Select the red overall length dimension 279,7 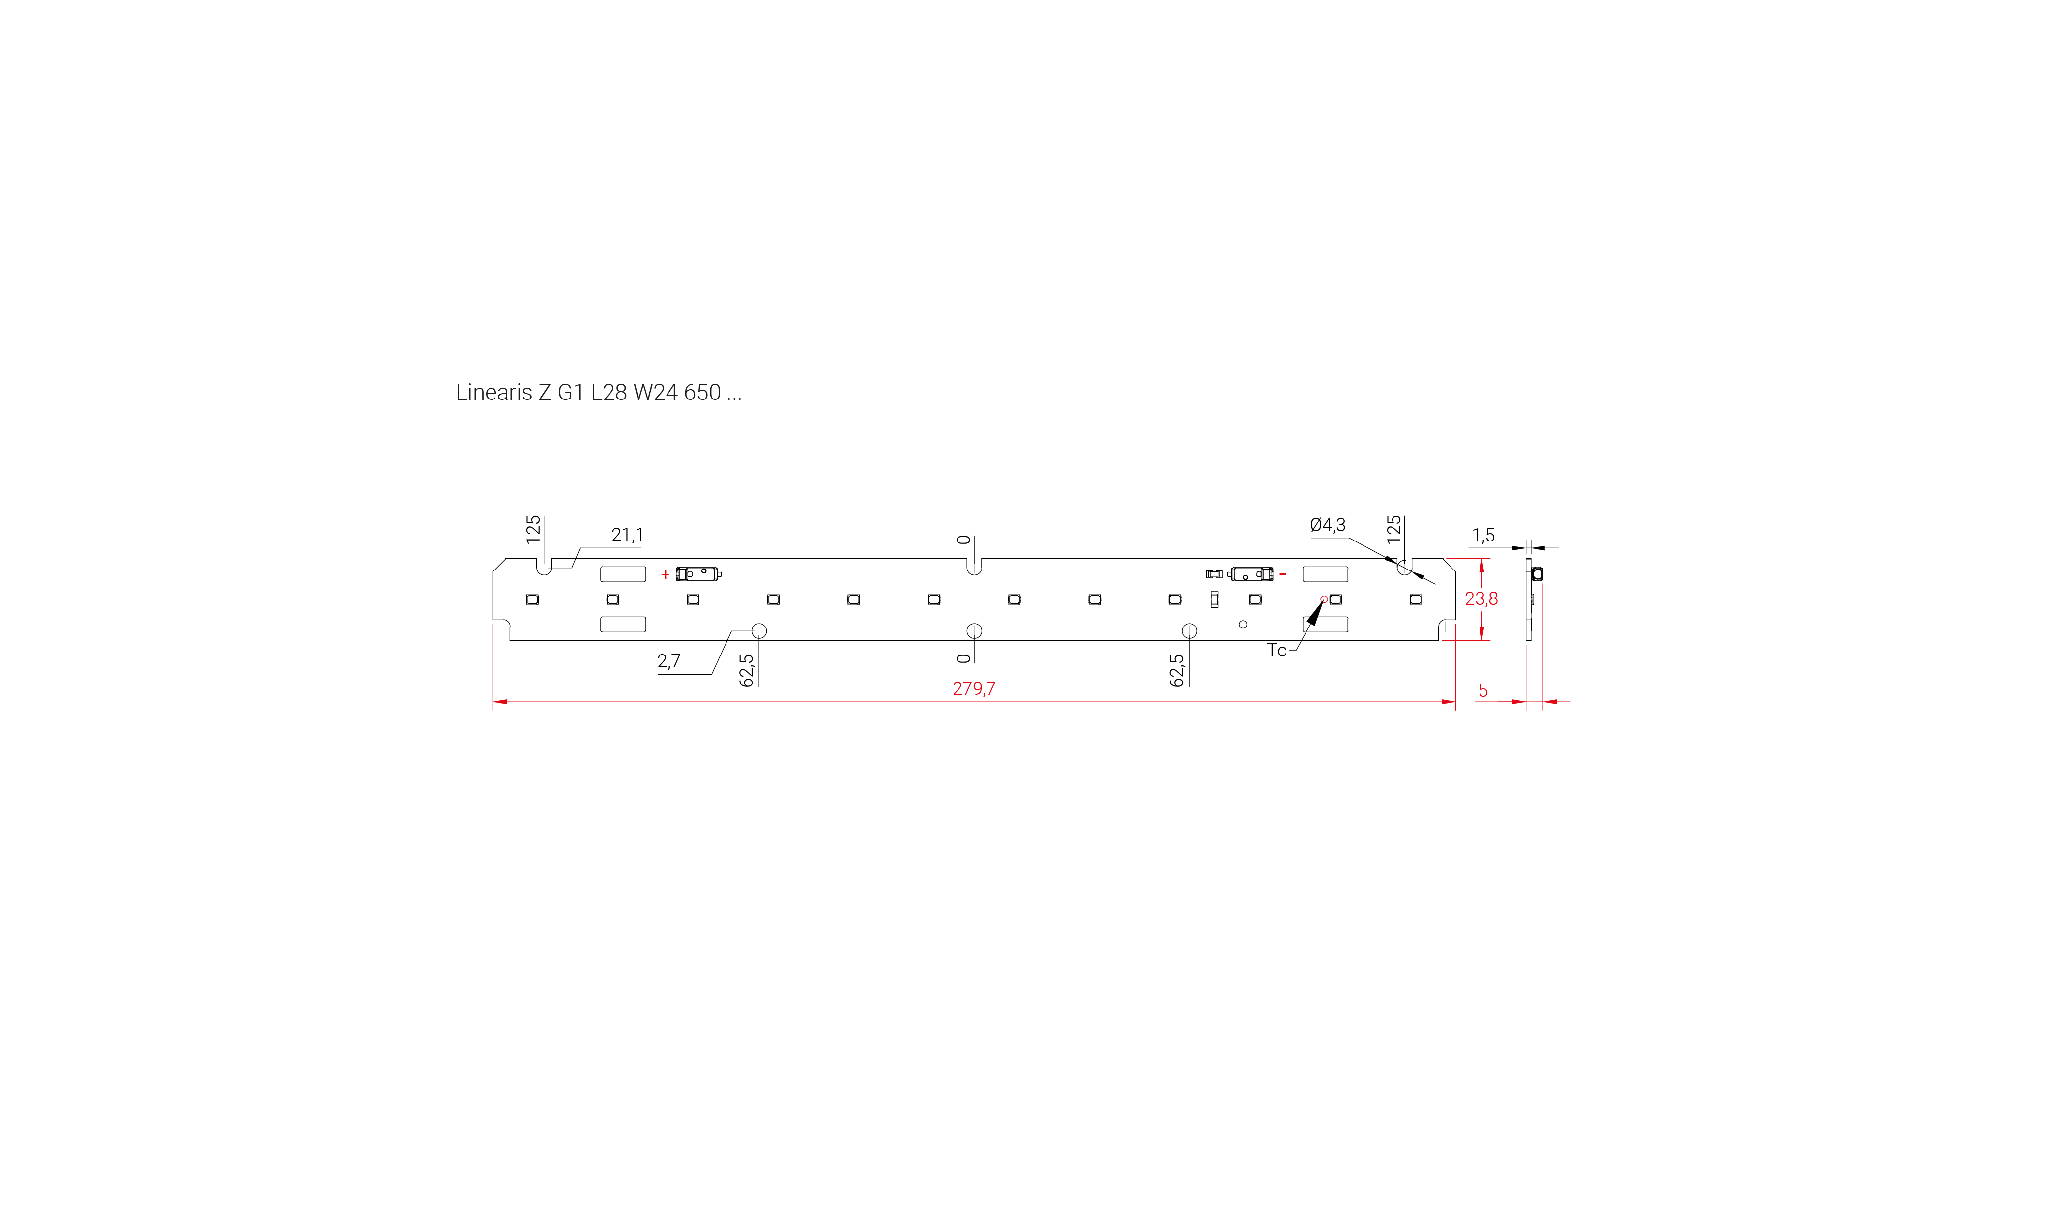tap(974, 688)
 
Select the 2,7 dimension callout tap(669, 661)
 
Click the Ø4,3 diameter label tap(1328, 525)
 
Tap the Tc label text tap(1277, 651)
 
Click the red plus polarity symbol tap(666, 574)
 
